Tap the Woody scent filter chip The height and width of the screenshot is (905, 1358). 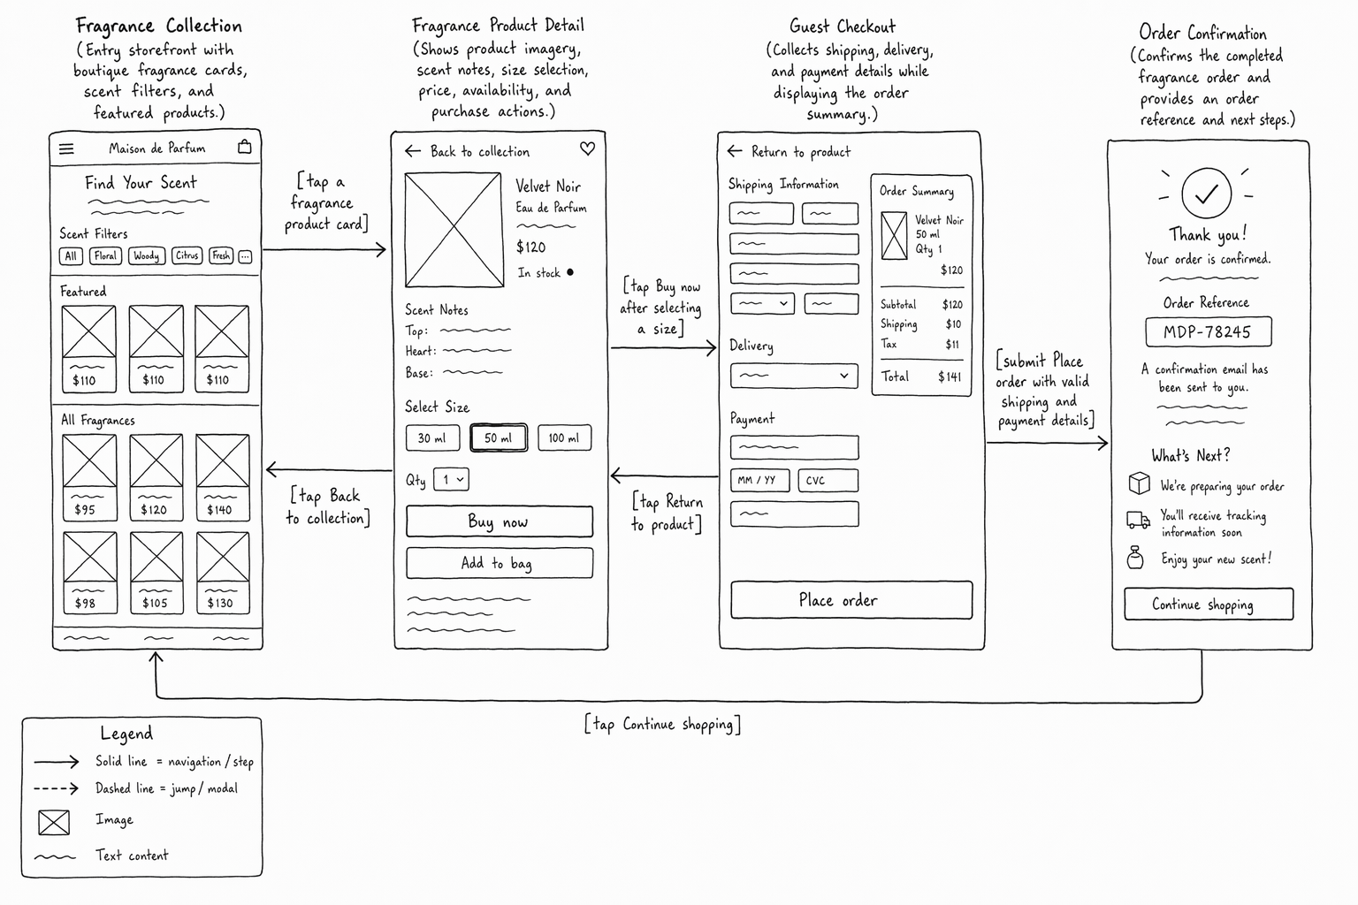pos(146,255)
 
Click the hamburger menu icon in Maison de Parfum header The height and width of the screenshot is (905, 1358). pos(66,148)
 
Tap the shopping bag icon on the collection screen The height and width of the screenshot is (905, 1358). pos(244,147)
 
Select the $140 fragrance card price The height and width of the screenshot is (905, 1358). pos(219,510)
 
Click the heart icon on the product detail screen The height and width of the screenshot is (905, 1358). pos(587,148)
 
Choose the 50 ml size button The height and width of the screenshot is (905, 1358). pos(499,437)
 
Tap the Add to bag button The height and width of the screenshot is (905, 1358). pos(500,563)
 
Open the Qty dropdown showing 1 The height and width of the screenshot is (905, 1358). pos(451,480)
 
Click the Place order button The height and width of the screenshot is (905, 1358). pos(851,600)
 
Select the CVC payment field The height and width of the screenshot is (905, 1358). pos(828,480)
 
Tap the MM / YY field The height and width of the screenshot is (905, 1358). pos(760,480)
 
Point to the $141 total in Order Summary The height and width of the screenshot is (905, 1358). pos(950,377)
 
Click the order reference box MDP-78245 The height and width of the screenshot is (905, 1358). pos(1209,331)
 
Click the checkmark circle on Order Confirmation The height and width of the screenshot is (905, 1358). pos(1207,194)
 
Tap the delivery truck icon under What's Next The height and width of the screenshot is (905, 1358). pos(1138,520)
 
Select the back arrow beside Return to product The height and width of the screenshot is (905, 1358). pos(734,151)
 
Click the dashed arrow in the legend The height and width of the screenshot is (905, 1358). pos(57,788)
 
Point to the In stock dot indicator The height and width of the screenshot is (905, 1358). pos(570,272)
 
